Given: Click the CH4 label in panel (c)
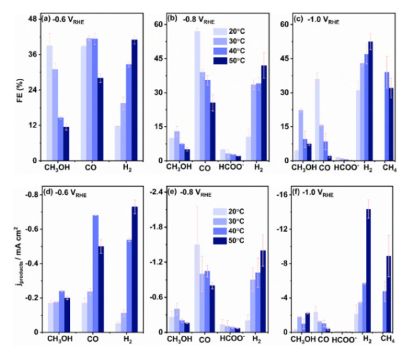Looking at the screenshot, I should coord(388,169).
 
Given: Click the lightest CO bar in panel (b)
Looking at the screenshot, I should coord(198,95).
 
